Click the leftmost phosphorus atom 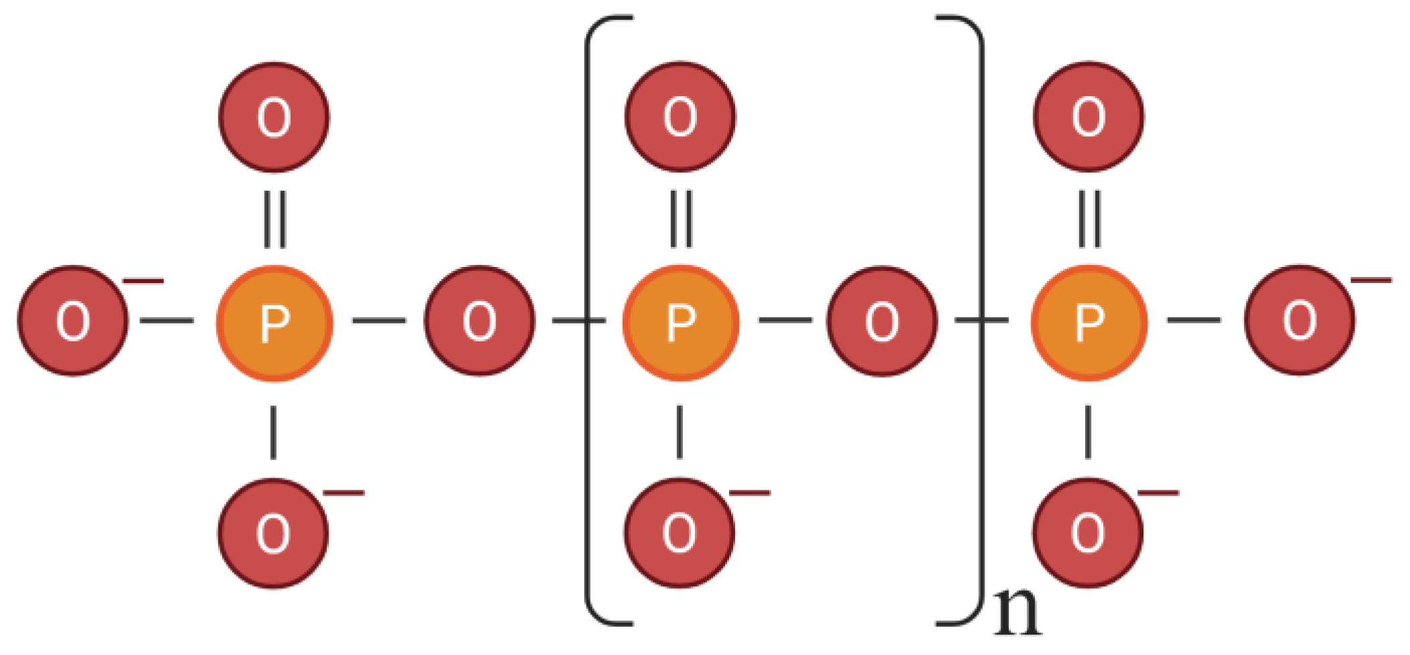tap(274, 323)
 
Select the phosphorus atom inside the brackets tap(680, 323)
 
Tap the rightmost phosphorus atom tap(1089, 323)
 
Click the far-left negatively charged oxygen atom tap(73, 321)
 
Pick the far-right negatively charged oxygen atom tap(1300, 320)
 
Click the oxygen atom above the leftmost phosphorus tap(274, 117)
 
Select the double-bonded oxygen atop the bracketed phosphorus tap(680, 117)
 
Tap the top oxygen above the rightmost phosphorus tap(1089, 117)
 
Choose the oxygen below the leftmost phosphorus tap(273, 533)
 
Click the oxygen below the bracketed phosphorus tap(680, 533)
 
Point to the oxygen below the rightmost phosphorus tap(1087, 533)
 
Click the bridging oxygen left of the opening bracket tap(479, 321)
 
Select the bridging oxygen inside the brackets tap(882, 321)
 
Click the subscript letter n tap(1017, 612)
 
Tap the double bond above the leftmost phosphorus tap(275, 219)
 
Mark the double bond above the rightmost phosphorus tap(1089, 219)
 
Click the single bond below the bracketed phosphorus tap(680, 432)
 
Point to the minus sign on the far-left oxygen tap(143, 281)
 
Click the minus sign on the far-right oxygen tap(1371, 280)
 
